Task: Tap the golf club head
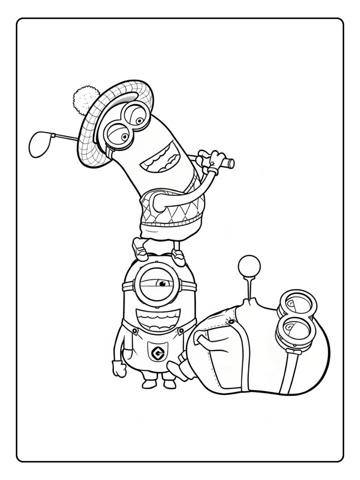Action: click(x=40, y=144)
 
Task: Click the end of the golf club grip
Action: click(x=231, y=163)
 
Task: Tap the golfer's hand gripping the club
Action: click(x=210, y=160)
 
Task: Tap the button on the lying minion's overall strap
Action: click(x=231, y=322)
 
